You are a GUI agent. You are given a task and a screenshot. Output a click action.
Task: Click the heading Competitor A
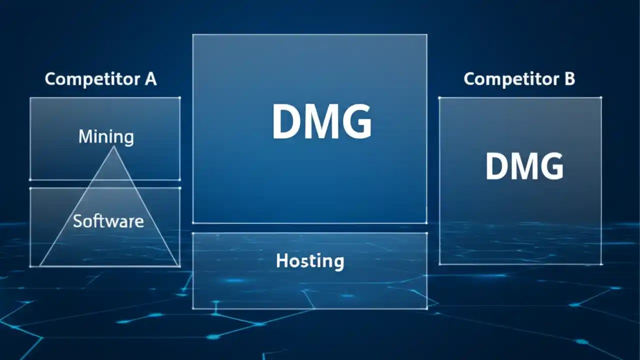click(x=100, y=79)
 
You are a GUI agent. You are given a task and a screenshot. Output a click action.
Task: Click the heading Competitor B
click(x=519, y=79)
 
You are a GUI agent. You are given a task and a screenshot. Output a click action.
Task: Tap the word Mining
click(x=106, y=136)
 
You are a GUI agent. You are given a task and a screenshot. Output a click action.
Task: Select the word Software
click(x=108, y=220)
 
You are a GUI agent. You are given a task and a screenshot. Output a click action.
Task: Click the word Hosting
click(x=309, y=260)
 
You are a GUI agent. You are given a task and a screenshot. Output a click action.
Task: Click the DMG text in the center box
click(x=321, y=122)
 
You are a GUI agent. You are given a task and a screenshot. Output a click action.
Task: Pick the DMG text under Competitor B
click(x=524, y=166)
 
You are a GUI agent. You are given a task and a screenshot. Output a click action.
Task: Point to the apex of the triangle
click(x=114, y=146)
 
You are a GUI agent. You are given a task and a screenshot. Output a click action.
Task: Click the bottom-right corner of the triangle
click(x=178, y=265)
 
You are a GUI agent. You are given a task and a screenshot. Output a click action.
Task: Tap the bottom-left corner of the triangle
click(x=39, y=265)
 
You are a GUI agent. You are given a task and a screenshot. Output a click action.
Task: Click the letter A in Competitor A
click(x=150, y=79)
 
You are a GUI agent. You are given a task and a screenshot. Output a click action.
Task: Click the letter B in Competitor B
click(x=569, y=79)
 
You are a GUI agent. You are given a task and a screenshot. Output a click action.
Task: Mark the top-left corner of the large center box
click(x=193, y=34)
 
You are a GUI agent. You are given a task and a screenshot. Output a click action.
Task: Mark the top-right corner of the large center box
click(x=426, y=34)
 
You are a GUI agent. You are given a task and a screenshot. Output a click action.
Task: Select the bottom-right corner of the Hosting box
click(x=427, y=308)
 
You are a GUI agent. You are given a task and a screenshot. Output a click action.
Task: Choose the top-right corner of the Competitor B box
click(x=601, y=97)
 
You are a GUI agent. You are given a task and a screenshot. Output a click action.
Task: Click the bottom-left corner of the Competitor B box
click(x=439, y=264)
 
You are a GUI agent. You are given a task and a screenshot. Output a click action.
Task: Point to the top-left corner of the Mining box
click(x=30, y=97)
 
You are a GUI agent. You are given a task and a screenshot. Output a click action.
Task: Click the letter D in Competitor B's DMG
click(x=495, y=166)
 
